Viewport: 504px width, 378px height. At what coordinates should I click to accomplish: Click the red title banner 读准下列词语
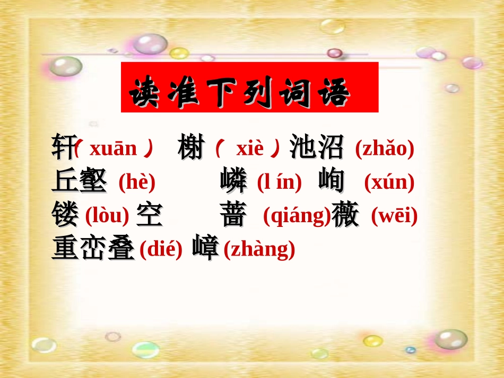click(x=249, y=87)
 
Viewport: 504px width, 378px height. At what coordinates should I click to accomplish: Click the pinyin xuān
click(x=113, y=149)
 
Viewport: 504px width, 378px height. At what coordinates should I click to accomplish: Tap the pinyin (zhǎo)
click(x=384, y=149)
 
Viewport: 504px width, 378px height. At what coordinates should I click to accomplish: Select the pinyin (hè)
click(x=137, y=182)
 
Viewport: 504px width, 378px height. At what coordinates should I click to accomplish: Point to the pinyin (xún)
click(x=389, y=182)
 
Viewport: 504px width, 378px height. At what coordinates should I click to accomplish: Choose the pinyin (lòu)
click(x=107, y=216)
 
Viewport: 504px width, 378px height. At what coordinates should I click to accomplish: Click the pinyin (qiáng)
click(x=297, y=216)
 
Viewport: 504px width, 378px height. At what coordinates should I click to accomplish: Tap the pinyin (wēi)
click(x=394, y=216)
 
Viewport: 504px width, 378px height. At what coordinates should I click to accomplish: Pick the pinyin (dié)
click(x=161, y=249)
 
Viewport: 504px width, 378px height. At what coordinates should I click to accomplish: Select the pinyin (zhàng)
click(x=259, y=249)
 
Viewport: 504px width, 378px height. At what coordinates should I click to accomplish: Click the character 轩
click(x=63, y=147)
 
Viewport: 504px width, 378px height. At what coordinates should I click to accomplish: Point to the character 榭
click(x=192, y=147)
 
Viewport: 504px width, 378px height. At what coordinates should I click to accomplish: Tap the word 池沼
click(x=317, y=147)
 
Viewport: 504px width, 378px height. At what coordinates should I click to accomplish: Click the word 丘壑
click(x=80, y=181)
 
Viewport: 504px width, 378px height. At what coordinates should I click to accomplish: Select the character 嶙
click(x=233, y=181)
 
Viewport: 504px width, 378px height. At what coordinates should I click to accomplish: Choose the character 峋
click(x=332, y=181)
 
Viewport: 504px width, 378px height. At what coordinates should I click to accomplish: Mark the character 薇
click(x=346, y=215)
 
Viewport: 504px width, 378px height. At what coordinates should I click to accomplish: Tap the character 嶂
click(x=206, y=248)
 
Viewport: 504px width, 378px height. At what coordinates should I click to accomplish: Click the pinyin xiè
click(x=249, y=149)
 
